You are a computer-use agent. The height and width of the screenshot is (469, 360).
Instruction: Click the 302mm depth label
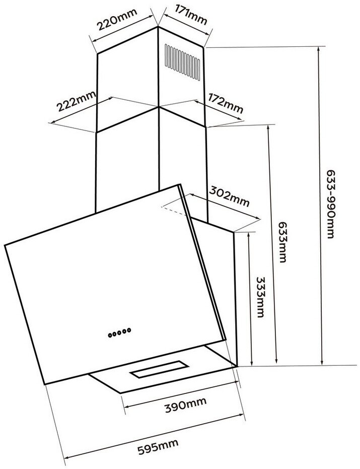tap(229, 197)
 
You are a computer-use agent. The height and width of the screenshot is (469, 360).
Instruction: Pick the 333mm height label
tap(260, 297)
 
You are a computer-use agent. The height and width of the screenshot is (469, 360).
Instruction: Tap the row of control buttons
tap(119, 332)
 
